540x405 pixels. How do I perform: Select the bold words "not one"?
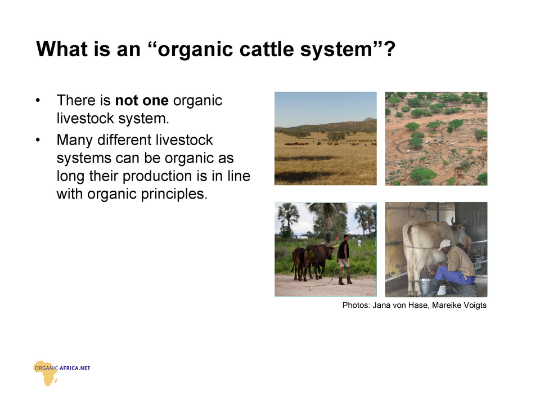click(x=142, y=101)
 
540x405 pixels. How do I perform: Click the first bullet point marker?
click(x=38, y=101)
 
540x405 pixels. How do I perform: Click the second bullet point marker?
click(x=38, y=140)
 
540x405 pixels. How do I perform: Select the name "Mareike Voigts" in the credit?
click(x=459, y=305)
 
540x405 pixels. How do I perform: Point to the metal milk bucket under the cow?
click(x=425, y=286)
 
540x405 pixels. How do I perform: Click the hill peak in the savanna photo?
click(x=368, y=119)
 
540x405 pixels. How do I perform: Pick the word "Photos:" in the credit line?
click(x=356, y=305)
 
